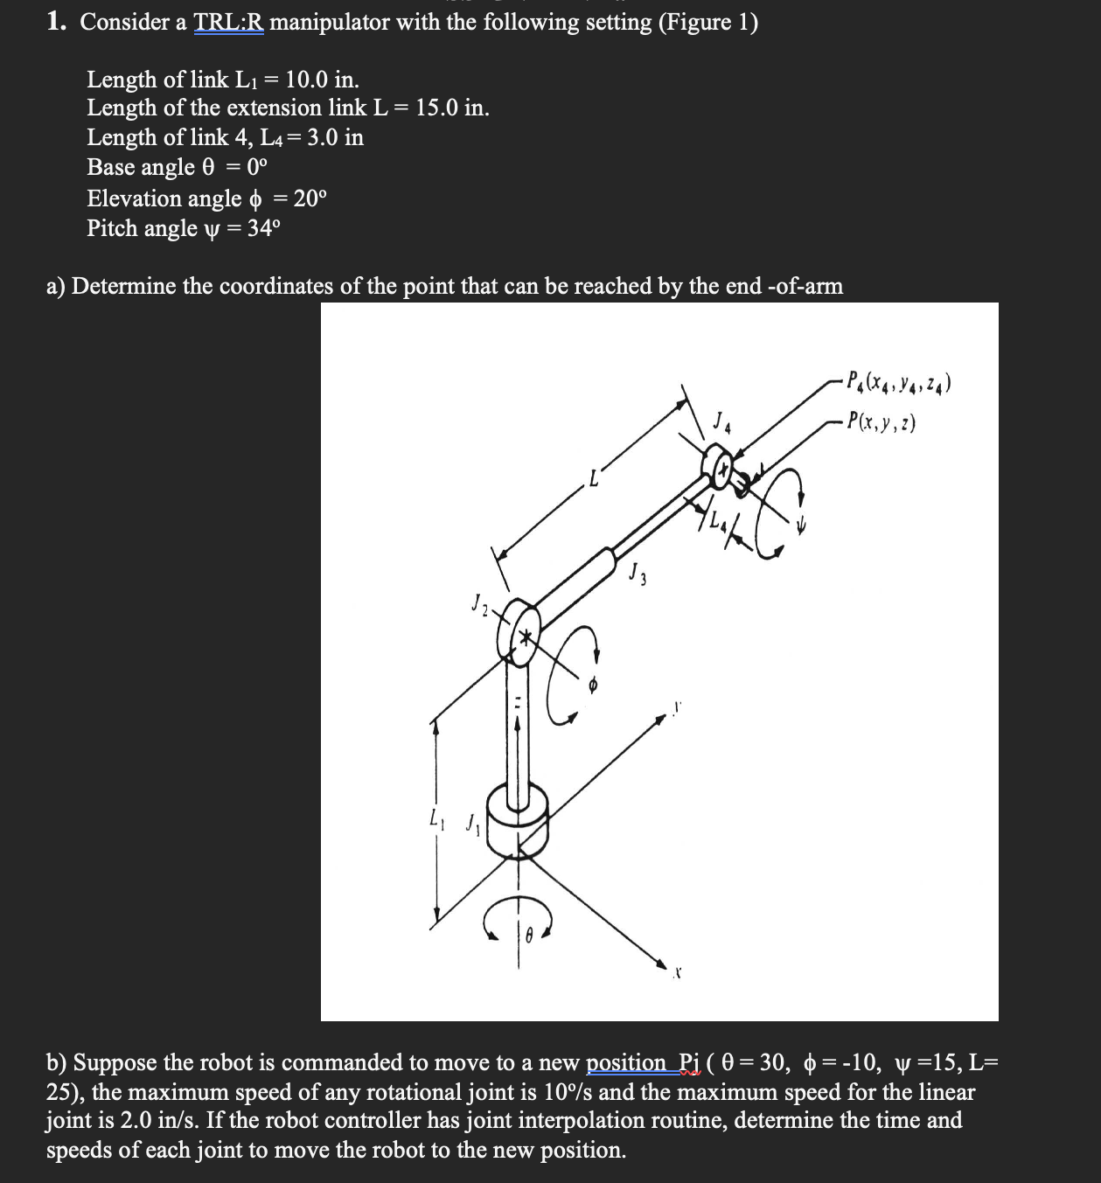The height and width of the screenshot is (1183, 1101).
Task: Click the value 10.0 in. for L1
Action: pos(321,80)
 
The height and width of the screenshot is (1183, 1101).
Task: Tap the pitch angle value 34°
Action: pos(265,228)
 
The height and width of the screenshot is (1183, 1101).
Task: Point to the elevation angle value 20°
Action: pos(310,198)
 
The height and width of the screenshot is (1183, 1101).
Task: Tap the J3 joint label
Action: pos(636,575)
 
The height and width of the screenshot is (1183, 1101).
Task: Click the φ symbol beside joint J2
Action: pos(592,688)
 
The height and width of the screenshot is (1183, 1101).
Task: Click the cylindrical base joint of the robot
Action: pos(517,818)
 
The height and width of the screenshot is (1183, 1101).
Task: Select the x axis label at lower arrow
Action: pos(677,971)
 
